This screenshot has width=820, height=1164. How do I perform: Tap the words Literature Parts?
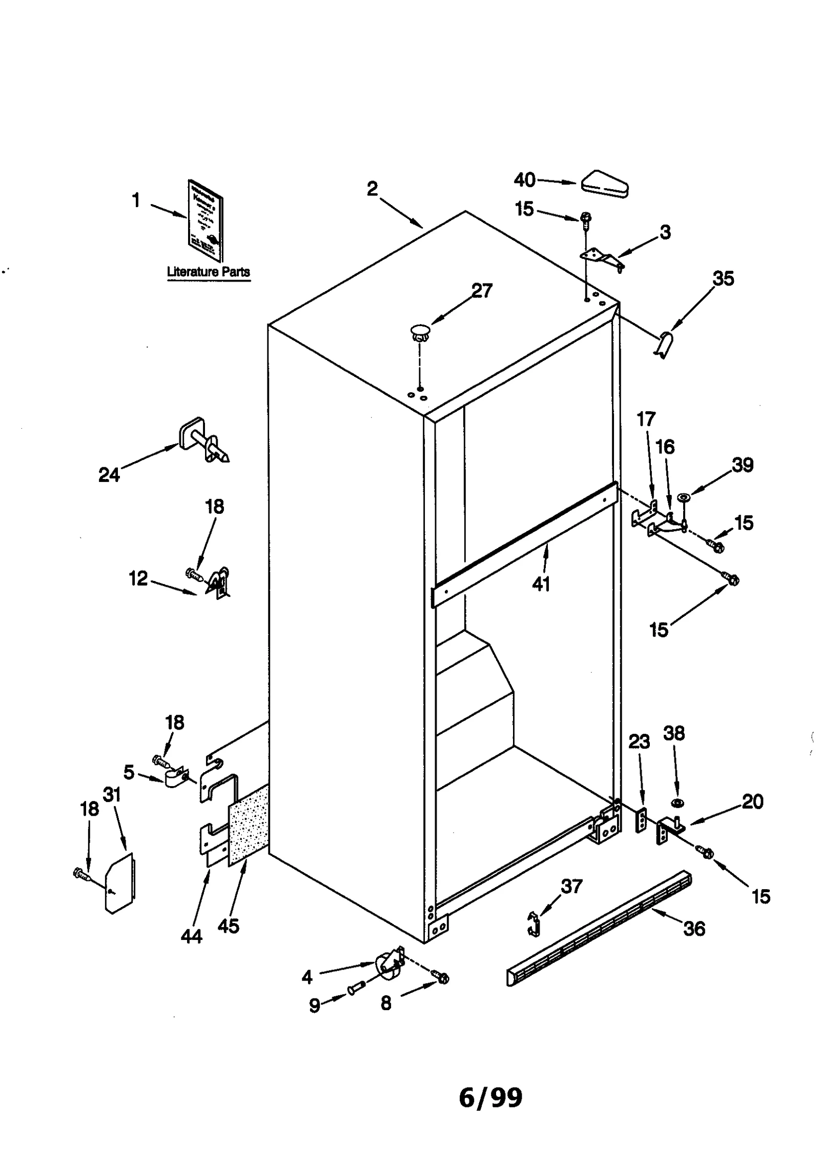coord(209,272)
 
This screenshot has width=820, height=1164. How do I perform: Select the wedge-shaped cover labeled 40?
coord(605,184)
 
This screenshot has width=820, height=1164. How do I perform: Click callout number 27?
coord(481,291)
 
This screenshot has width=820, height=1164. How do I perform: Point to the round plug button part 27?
coord(420,331)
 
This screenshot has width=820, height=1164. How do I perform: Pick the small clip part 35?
coord(664,345)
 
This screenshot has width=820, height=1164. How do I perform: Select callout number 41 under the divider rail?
coord(541,584)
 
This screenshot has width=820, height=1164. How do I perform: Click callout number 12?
coord(138,578)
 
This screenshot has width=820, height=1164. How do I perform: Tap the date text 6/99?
coord(490,1098)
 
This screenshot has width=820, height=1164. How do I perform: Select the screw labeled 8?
coord(441,978)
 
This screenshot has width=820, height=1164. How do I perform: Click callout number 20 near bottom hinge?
coord(752,800)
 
